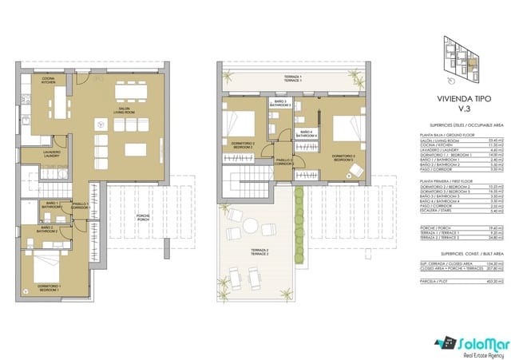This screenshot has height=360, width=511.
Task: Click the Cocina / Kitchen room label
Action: click(48, 79)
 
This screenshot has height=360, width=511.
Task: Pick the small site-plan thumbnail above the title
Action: click(460, 59)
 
